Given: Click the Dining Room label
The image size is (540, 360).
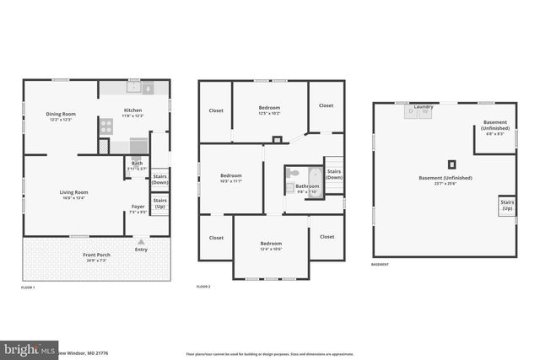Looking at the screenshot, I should [x=61, y=116].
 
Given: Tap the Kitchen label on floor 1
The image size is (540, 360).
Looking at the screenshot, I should [x=133, y=112].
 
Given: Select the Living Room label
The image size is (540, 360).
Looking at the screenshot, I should [x=73, y=194].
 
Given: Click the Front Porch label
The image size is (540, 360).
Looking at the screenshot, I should [x=97, y=255].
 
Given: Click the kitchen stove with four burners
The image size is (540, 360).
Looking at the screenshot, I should [x=107, y=126].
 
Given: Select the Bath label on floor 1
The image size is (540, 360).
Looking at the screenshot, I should [x=137, y=165].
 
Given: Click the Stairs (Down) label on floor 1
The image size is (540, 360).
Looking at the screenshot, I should [x=160, y=179].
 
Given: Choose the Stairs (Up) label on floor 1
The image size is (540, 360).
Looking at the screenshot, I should [x=159, y=203].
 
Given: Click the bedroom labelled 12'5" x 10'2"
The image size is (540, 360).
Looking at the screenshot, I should [x=270, y=110].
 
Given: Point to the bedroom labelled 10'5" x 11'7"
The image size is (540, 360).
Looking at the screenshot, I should [x=231, y=178].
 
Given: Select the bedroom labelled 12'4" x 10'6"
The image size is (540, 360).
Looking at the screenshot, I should [x=271, y=245].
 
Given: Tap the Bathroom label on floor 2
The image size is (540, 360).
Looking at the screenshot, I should [x=307, y=188].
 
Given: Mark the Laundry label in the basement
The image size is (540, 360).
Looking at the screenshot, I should [x=424, y=107].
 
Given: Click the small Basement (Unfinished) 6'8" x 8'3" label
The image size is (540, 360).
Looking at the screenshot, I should [x=495, y=126].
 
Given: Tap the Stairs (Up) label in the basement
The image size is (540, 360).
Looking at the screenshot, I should [x=507, y=205].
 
